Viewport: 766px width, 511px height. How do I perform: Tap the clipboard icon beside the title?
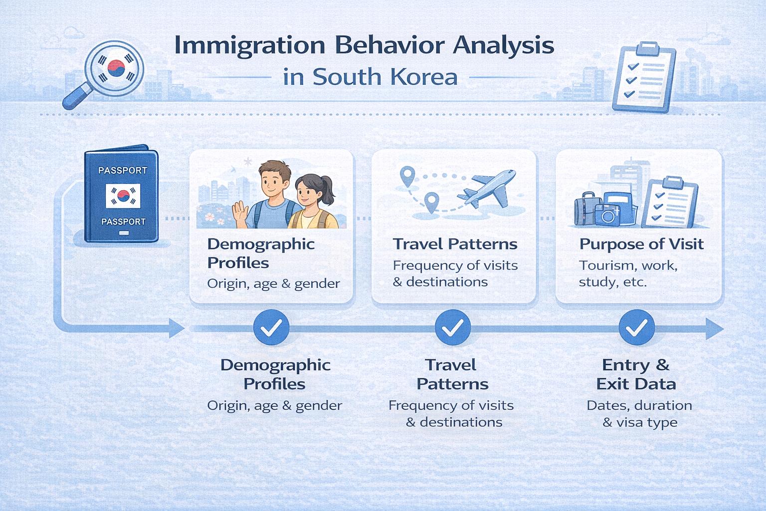pyautogui.click(x=643, y=77)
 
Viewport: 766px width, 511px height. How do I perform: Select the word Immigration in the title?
pyautogui.click(x=245, y=45)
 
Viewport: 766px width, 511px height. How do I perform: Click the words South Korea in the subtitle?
pyautogui.click(x=384, y=77)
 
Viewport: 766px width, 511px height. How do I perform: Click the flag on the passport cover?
pyautogui.click(x=123, y=196)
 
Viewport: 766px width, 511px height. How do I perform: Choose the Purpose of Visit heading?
pyautogui.click(x=641, y=244)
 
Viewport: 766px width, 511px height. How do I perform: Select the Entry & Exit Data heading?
pyautogui.click(x=636, y=374)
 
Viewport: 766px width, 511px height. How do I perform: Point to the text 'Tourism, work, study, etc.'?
pyautogui.click(x=628, y=273)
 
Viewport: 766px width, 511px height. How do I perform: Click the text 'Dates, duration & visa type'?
pyautogui.click(x=639, y=414)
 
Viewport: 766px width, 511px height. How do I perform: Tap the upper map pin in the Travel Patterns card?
pyautogui.click(x=407, y=176)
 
